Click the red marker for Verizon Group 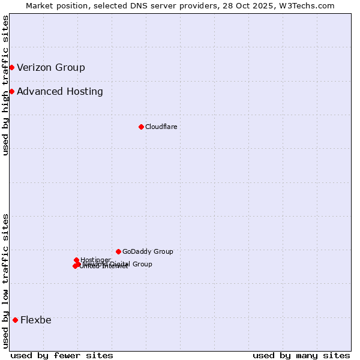tap(11, 67)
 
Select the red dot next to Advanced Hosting tap(11, 91)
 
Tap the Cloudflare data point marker tap(141, 127)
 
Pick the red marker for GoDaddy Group tap(118, 251)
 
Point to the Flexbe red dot tap(15, 320)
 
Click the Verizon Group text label tap(51, 67)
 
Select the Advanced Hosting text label tap(60, 92)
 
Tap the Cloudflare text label tap(161, 127)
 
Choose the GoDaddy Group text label tap(148, 251)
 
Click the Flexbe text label tap(36, 320)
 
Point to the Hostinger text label tap(95, 259)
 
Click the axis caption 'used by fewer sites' tap(62, 355)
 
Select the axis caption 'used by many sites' tap(301, 355)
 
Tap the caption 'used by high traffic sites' tap(5, 85)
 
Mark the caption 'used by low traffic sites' tap(5, 281)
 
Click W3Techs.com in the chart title tap(310, 6)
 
